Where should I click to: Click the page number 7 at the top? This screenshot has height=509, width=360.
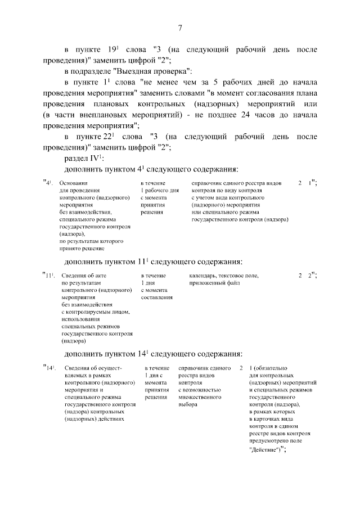point(180,29)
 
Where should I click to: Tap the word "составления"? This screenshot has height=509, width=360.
point(156,297)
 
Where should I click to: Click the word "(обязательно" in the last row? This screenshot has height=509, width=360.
point(268,368)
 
